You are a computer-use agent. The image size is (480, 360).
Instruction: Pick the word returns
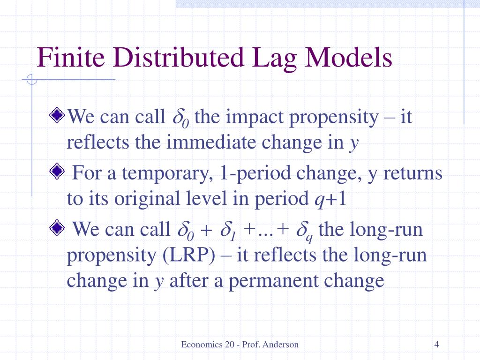click(413, 174)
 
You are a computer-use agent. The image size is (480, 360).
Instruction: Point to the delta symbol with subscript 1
click(230, 231)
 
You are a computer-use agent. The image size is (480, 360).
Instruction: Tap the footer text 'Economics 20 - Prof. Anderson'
click(240, 345)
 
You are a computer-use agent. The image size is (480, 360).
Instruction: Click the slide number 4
click(436, 345)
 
